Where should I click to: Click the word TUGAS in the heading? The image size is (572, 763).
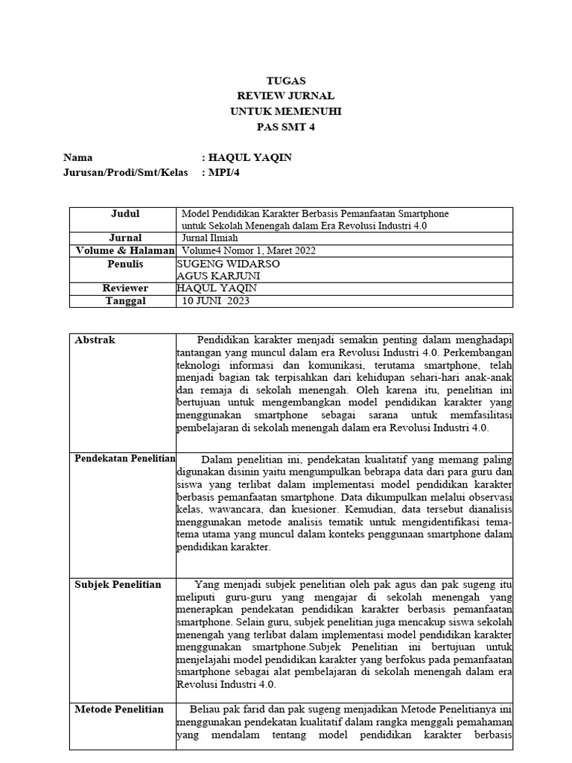[x=286, y=80]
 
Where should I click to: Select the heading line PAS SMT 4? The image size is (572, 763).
[x=286, y=127]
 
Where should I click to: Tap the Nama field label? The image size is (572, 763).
[x=78, y=157]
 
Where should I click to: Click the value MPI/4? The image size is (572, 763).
[x=225, y=173]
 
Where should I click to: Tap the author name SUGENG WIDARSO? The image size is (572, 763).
[x=218, y=264]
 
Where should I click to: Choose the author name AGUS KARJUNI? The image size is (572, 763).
[x=212, y=276]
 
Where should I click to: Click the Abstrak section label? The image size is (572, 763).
[x=95, y=340]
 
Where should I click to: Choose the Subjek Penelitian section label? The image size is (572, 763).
[x=118, y=584]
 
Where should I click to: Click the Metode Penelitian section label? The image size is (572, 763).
[x=119, y=709]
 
